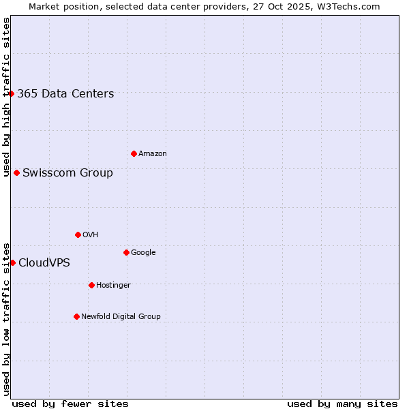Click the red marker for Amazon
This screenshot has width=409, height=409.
134,153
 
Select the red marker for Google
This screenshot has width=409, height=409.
126,252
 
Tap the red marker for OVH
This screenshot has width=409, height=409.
78,234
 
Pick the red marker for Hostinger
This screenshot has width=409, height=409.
91,285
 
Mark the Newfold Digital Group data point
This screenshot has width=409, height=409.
76,316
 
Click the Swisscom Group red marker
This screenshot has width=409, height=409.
16,172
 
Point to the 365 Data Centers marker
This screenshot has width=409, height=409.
12,93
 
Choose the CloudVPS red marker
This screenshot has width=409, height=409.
12,262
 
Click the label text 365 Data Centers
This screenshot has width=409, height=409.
65,94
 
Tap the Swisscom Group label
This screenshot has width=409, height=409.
67,173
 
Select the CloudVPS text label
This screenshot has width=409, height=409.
44,263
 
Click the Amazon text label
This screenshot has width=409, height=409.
153,154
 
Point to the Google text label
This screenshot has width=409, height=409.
143,253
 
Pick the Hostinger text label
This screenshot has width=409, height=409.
113,286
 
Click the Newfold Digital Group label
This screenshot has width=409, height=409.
121,317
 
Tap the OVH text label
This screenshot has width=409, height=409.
91,235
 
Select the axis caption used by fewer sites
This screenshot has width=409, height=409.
70,404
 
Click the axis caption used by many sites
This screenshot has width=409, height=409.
342,404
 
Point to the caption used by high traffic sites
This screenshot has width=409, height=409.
6,97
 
